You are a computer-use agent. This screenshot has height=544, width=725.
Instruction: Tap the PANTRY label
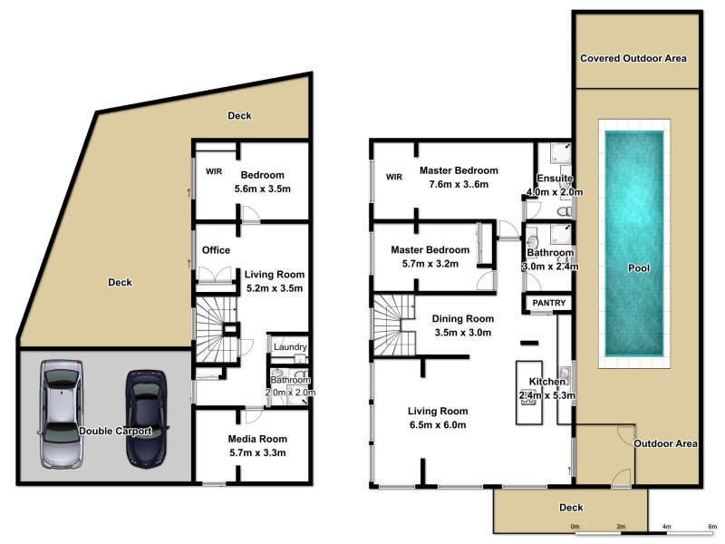pyautogui.click(x=550, y=303)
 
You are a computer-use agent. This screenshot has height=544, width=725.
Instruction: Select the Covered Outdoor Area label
pyautogui.click(x=633, y=58)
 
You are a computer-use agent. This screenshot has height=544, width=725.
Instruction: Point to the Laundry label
pyautogui.click(x=290, y=346)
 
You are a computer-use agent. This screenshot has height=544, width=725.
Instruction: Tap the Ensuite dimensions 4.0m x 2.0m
pyautogui.click(x=554, y=192)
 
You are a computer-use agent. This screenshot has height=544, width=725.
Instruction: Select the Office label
pyautogui.click(x=216, y=250)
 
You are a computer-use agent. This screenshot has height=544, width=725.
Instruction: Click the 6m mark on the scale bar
pyautogui.click(x=712, y=526)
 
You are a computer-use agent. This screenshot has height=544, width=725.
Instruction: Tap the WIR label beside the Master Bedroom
pyautogui.click(x=393, y=177)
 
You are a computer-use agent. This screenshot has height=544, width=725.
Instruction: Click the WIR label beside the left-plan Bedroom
pyautogui.click(x=214, y=170)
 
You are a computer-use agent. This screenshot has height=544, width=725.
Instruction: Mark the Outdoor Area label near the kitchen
pyautogui.click(x=665, y=443)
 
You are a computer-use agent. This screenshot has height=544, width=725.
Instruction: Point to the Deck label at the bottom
pyautogui.click(x=571, y=508)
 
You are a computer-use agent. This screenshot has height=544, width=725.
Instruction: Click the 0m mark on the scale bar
pyautogui.click(x=575, y=526)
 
